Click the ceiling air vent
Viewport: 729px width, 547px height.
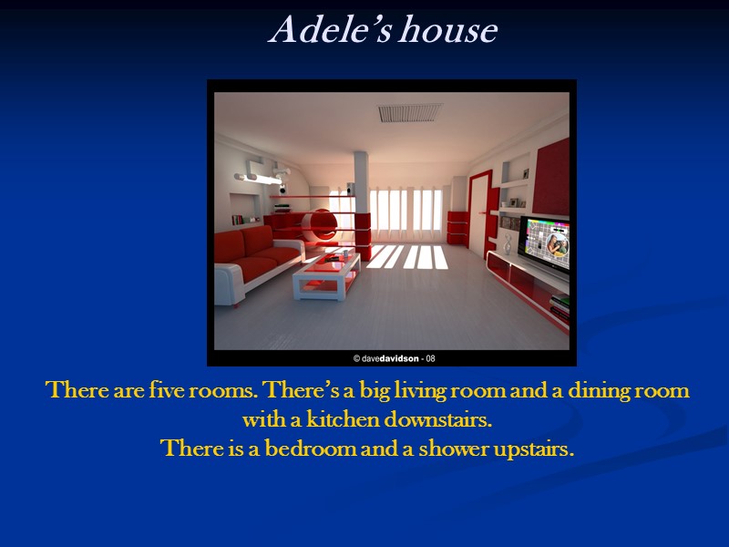pos(409,113)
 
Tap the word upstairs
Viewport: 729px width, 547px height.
pos(536,449)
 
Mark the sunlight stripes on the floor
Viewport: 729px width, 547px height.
pos(409,256)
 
